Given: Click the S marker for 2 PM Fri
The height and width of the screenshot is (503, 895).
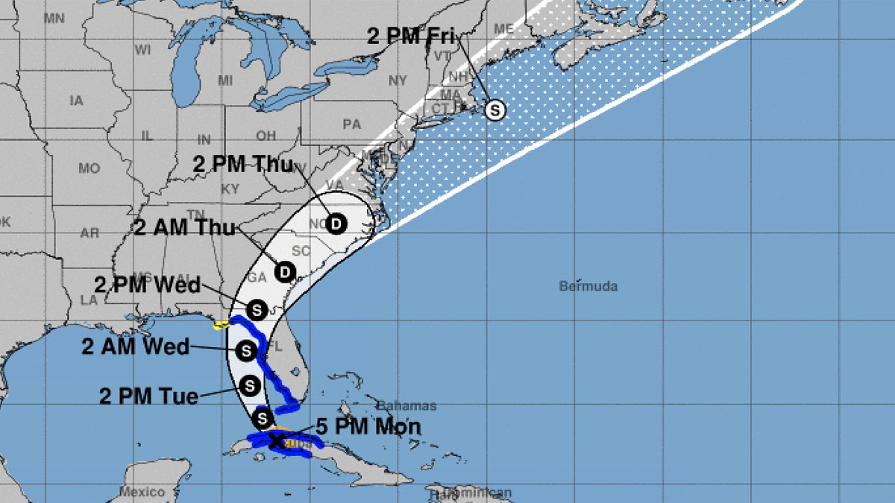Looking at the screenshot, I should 494,110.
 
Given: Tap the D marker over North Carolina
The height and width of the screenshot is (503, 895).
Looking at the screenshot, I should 336,223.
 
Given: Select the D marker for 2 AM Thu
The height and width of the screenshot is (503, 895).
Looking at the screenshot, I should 285,272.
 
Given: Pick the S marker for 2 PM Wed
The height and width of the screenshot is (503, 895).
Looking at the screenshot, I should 257,309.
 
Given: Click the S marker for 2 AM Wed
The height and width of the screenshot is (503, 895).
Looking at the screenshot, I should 245,349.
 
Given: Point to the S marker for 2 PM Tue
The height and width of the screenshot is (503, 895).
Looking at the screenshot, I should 250,385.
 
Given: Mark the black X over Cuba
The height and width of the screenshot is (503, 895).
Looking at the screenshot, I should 276,441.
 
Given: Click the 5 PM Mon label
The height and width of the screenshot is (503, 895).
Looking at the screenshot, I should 368,427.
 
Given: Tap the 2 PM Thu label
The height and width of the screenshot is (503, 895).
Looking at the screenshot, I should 243,165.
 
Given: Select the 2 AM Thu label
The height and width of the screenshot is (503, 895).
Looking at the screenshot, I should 184,227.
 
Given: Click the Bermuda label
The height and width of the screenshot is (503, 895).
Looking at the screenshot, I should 588,286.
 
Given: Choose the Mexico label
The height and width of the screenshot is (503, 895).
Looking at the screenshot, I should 142,492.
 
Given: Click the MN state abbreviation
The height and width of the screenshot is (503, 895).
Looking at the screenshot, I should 54,18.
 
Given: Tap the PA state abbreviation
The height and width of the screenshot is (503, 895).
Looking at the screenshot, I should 351,124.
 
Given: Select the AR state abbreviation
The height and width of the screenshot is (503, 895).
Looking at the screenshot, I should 89,233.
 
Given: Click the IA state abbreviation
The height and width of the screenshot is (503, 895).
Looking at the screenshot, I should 76,101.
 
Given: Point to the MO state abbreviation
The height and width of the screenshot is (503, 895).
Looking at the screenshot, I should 89,168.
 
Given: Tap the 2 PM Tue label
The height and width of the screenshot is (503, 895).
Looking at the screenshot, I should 149,396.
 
